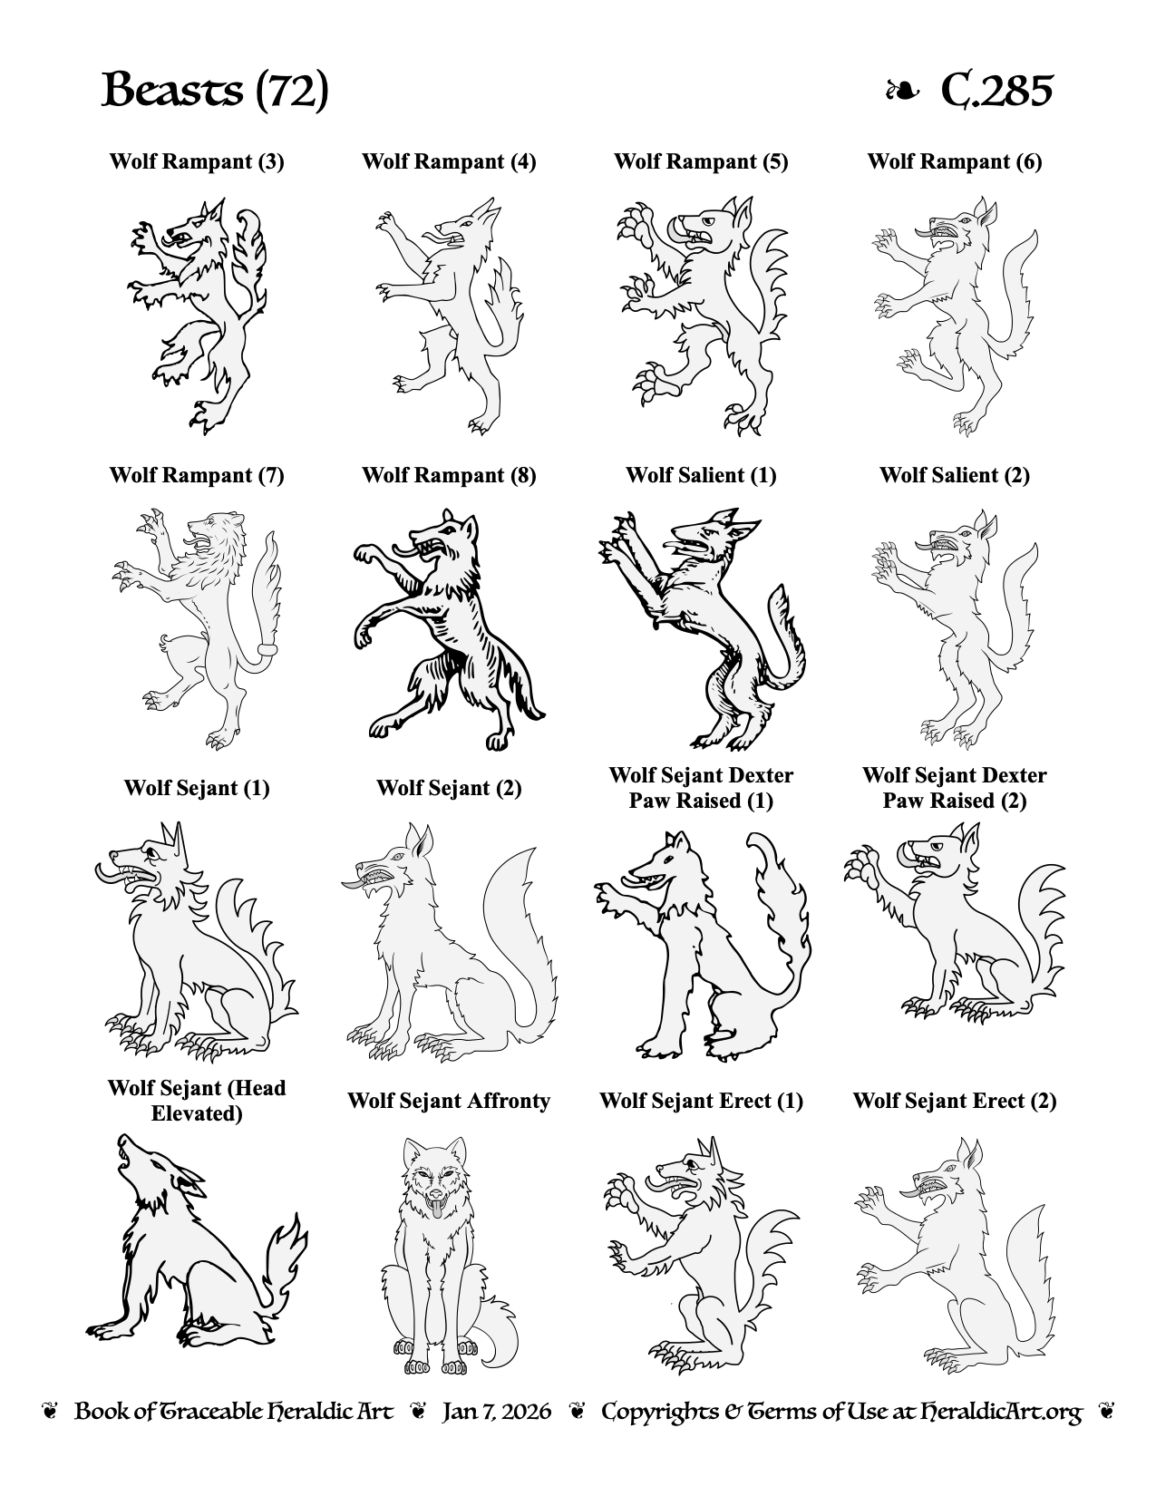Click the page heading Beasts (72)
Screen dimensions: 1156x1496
pos(215,90)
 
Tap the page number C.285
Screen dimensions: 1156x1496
pos(996,90)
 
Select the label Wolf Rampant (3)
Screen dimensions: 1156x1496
pos(197,161)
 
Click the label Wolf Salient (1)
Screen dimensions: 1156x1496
pos(701,475)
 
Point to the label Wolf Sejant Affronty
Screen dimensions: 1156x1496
pos(449,1100)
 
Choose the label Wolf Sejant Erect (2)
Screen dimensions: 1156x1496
pos(955,1100)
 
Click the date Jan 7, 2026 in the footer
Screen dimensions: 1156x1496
pos(497,1412)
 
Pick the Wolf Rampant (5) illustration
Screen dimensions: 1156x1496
pos(703,316)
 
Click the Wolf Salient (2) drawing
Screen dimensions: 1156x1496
pos(956,629)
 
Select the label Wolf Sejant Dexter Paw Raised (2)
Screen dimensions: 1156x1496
pos(955,788)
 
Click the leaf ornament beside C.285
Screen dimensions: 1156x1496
pos(902,91)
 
